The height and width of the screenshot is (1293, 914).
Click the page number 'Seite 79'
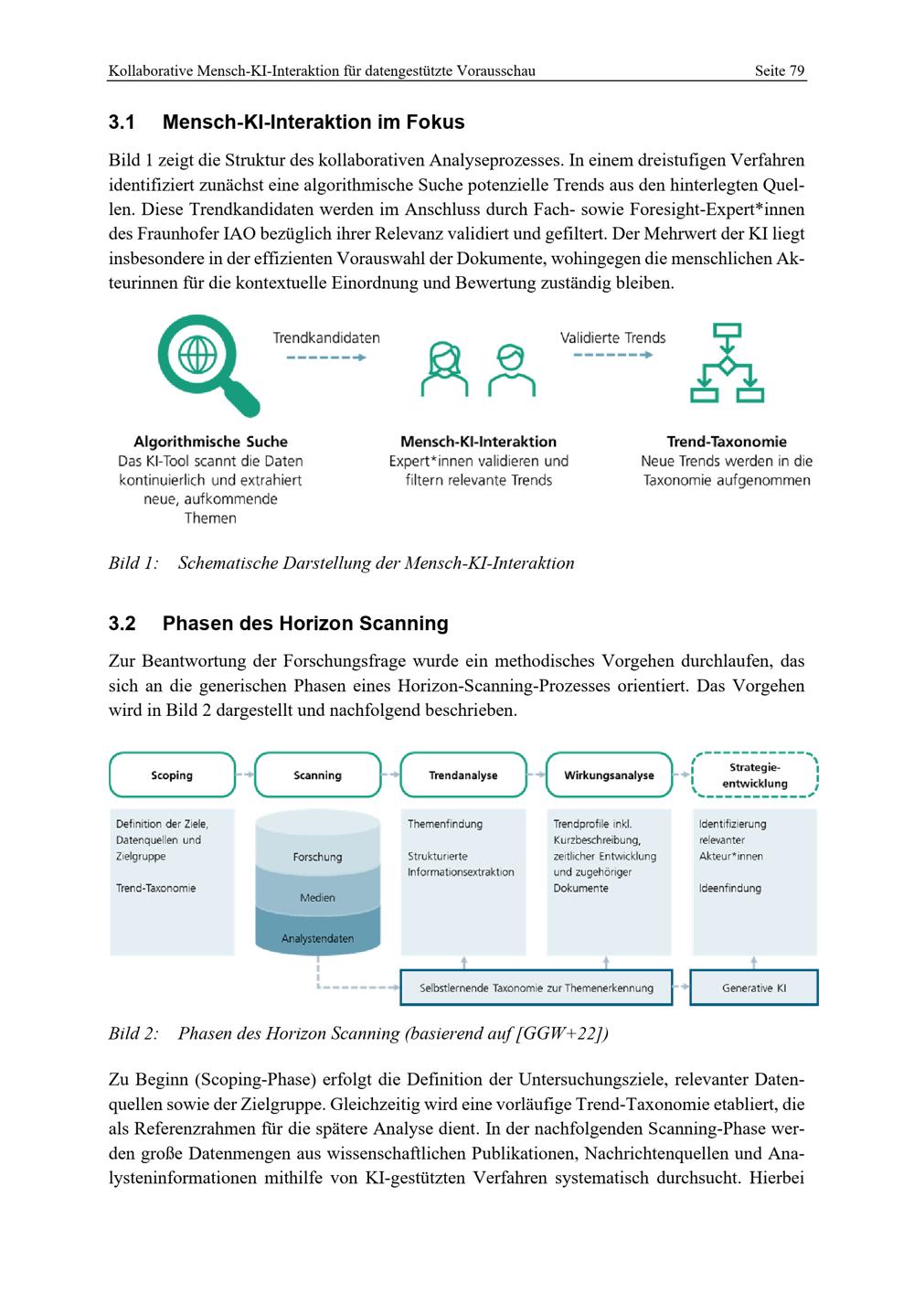(779, 70)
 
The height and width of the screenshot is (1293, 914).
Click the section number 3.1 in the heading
(122, 123)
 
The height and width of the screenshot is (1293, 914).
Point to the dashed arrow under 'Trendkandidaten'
(325, 358)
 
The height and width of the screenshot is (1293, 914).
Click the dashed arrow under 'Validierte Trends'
(612, 355)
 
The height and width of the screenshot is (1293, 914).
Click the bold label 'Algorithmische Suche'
(210, 442)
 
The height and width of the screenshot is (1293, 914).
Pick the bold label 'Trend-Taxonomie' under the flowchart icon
(727, 442)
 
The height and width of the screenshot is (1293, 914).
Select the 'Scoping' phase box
(172, 775)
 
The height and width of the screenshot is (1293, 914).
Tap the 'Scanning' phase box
(317, 775)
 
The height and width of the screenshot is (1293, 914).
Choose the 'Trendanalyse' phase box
(463, 775)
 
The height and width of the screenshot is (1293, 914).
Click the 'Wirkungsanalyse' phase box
(609, 775)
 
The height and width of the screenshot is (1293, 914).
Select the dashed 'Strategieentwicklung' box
(755, 775)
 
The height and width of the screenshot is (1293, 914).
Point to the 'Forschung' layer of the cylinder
(317, 857)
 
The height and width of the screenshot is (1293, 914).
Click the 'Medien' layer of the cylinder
(317, 898)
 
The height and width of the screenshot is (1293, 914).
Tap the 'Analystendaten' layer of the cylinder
(317, 938)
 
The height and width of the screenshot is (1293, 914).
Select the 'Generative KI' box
(754, 988)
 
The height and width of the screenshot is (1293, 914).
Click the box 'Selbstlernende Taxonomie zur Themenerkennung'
(537, 988)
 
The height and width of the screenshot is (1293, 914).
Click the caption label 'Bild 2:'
(133, 1034)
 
